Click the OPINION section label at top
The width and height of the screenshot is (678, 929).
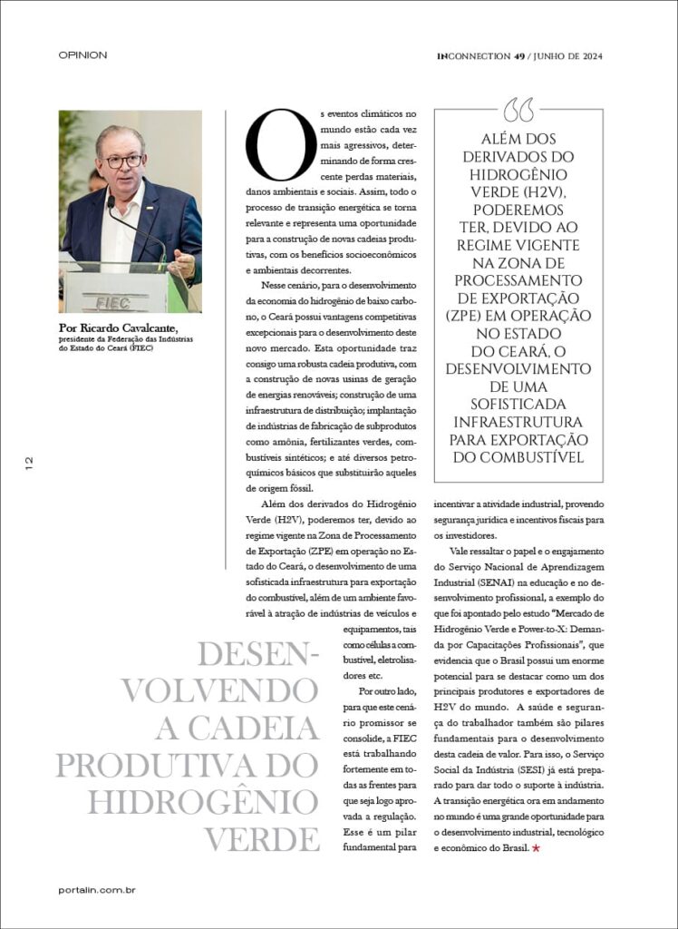click(x=82, y=55)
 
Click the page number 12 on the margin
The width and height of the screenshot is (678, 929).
click(x=29, y=463)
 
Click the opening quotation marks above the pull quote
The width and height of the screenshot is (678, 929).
click(x=518, y=111)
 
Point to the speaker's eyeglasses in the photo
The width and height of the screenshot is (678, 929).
click(x=124, y=161)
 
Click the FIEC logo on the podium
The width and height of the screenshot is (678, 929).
click(x=113, y=302)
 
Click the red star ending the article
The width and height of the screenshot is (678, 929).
click(x=536, y=848)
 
